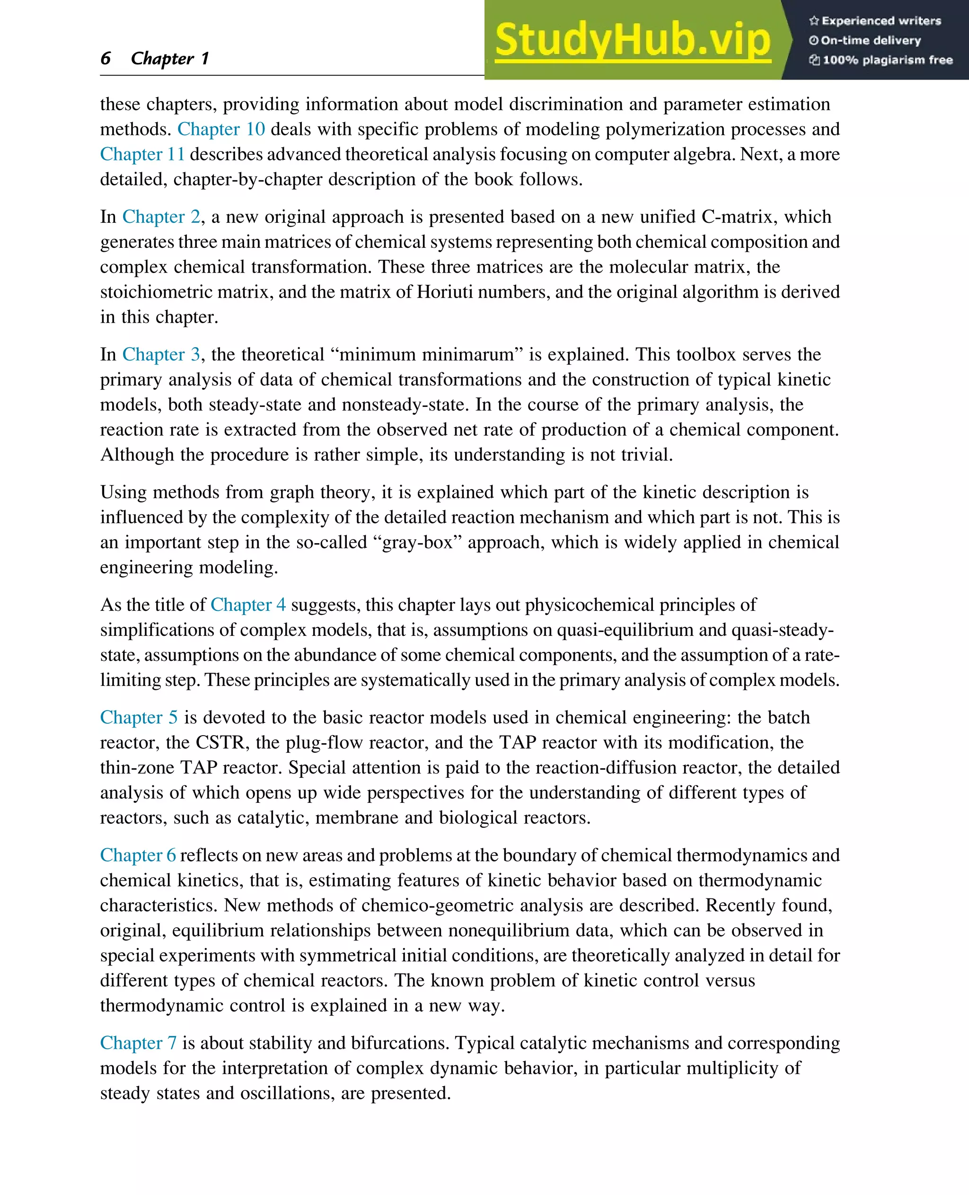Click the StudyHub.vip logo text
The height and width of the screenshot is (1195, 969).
coord(633,40)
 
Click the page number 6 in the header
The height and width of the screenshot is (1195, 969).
coord(106,58)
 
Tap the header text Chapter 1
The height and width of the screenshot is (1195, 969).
coord(170,58)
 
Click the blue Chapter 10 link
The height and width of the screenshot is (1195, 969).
coord(221,129)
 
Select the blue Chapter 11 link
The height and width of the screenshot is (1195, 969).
coord(142,154)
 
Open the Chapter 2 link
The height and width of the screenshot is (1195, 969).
coord(161,217)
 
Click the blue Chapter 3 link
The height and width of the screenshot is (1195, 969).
coord(161,354)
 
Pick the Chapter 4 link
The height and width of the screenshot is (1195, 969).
coord(248,605)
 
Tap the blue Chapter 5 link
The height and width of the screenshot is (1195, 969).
coord(139,717)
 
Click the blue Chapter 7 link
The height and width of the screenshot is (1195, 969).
coord(139,1043)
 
